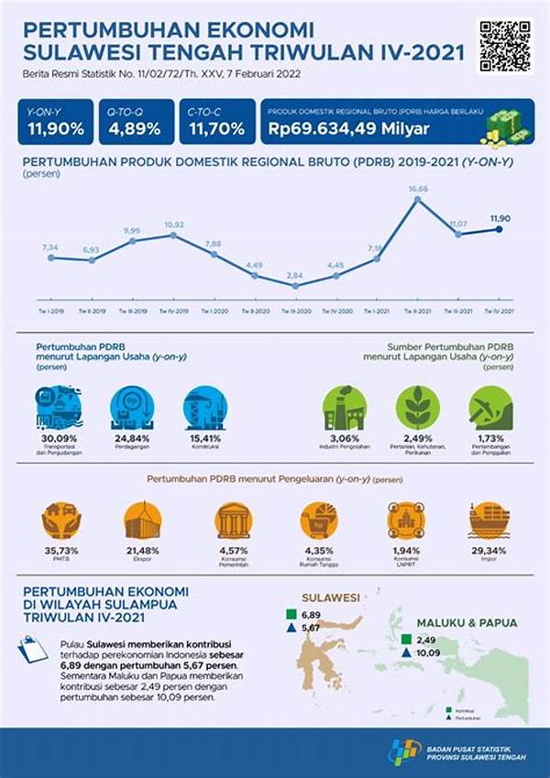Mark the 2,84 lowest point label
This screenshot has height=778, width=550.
pos(294,275)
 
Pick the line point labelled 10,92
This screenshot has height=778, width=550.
pos(173,236)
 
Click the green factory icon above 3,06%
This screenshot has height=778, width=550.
pos(345,407)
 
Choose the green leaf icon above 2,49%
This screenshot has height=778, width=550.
pos(418,407)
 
